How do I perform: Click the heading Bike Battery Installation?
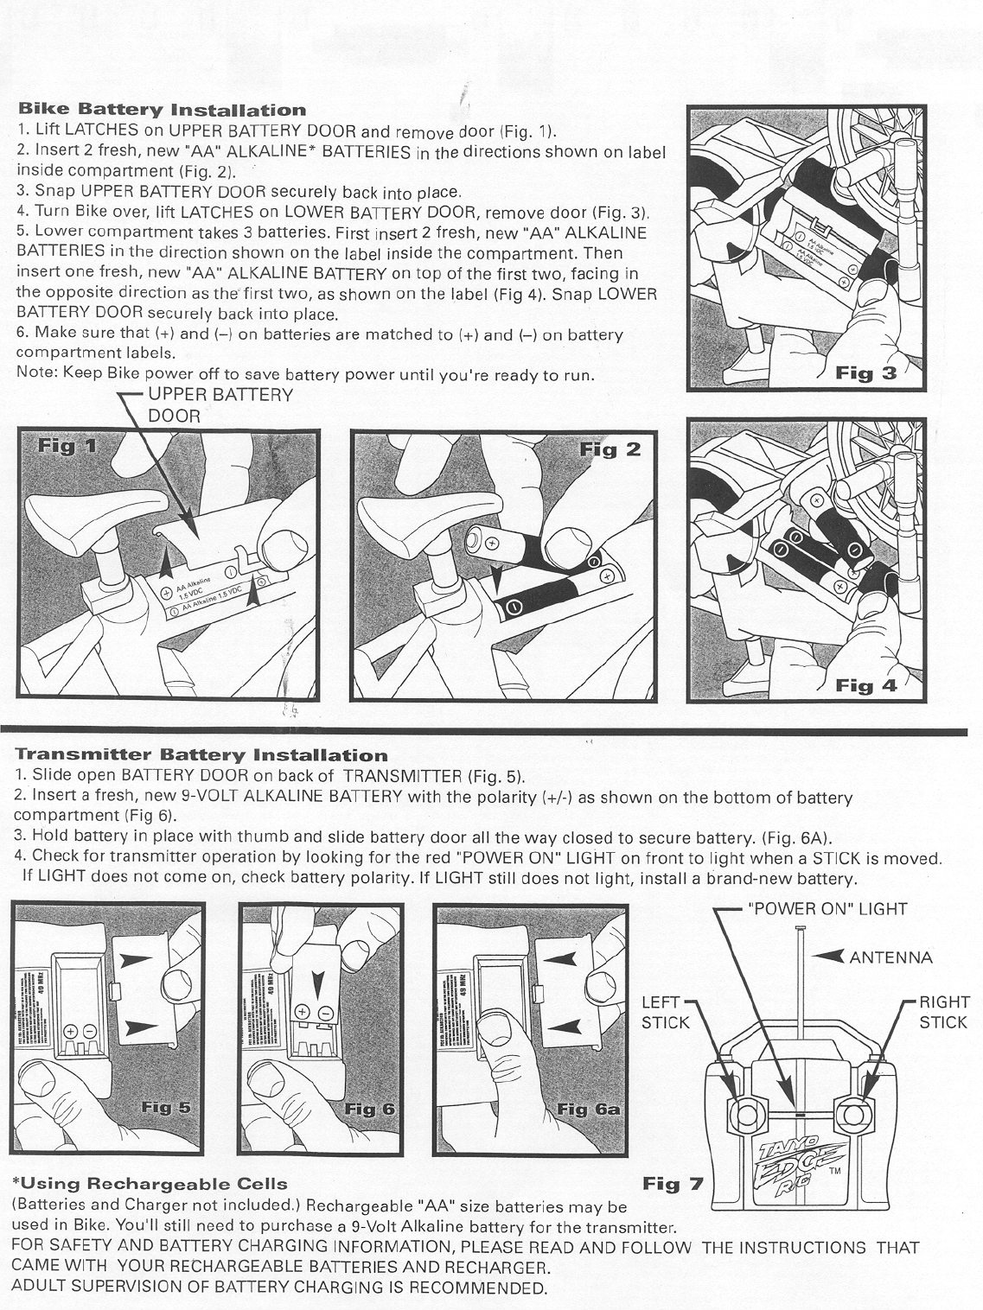pos(162,110)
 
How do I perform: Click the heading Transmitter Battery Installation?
pos(201,756)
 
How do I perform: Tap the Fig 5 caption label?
pos(166,1108)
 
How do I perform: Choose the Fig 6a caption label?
pos(588,1109)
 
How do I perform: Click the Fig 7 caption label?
pos(673,1183)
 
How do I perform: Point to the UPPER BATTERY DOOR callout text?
pos(220,404)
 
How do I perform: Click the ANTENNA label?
pos(890,957)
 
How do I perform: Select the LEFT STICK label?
pos(665,1013)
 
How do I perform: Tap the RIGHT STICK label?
pos(944,1013)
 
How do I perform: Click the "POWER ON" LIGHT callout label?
pos(827,908)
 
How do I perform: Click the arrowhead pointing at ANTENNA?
pos(829,956)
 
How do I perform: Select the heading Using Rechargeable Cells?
pos(150,1183)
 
